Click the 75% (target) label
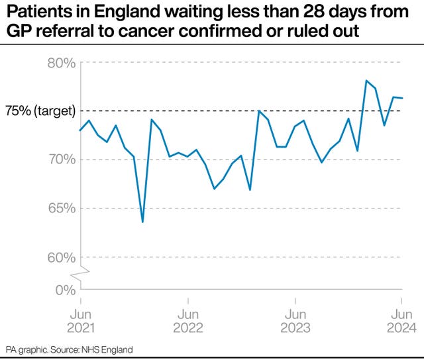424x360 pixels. click(40, 111)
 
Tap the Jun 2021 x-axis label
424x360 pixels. click(80, 321)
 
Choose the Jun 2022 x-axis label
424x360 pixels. click(187, 321)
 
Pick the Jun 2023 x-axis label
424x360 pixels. click(294, 321)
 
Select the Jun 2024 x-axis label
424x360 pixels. click(400, 321)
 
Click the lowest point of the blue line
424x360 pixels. click(142, 222)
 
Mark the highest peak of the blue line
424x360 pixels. click(366, 81)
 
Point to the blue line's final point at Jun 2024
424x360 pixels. click(402, 98)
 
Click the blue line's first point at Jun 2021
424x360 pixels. click(80, 130)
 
